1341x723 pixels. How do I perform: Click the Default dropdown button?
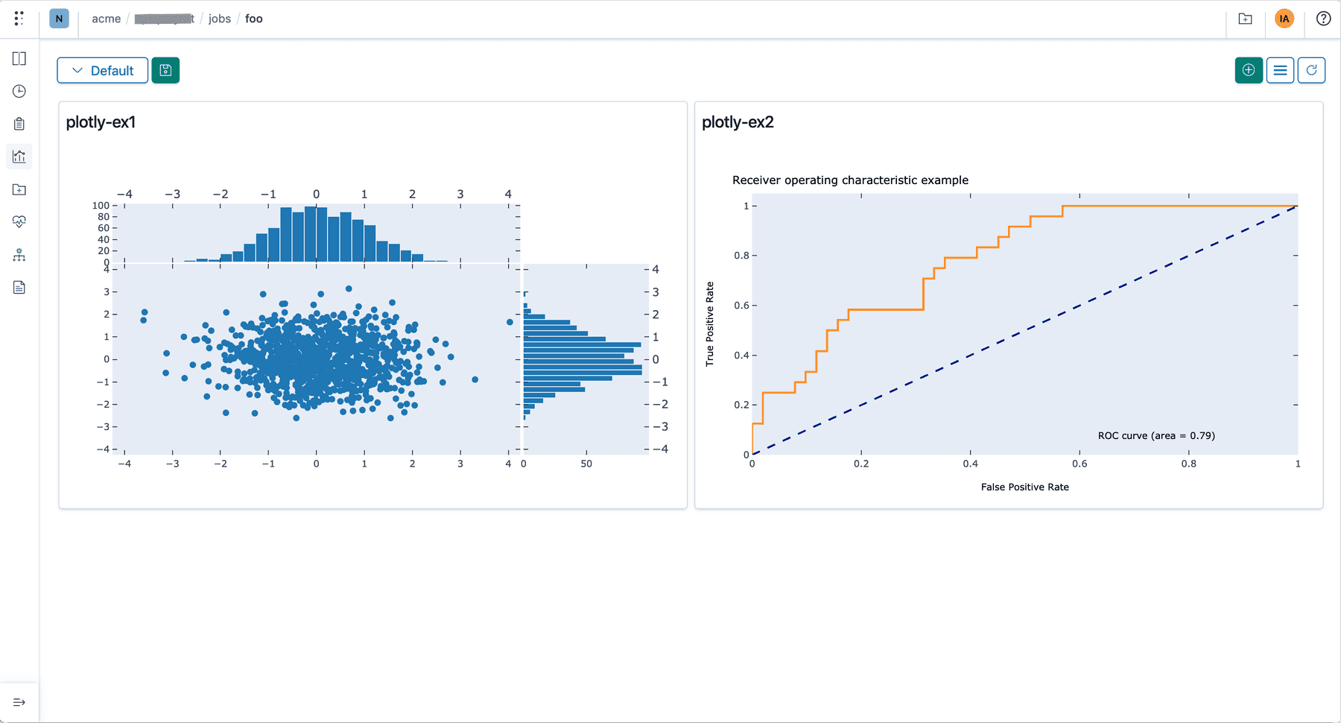102,71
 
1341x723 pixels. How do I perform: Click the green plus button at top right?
1249,70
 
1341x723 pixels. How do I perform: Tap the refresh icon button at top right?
1311,70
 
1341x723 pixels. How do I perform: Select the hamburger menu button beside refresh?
1280,70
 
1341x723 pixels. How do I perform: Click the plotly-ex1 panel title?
101,122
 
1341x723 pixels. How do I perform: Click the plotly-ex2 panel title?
738,122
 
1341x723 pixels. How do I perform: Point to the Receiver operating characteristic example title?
850,180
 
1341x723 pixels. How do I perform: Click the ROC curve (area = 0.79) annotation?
1155,436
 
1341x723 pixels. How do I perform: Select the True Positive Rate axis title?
710,323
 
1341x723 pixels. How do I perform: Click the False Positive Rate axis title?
1024,487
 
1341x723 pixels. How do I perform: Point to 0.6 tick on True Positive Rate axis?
741,306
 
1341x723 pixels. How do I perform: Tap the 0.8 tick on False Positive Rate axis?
1188,464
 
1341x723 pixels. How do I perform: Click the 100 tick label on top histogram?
101,205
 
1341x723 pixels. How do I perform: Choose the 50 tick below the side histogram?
586,464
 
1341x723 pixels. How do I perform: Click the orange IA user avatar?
1284,19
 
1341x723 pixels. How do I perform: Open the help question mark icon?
1323,19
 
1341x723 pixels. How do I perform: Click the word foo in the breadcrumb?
254,19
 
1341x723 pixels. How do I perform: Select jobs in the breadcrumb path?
220,19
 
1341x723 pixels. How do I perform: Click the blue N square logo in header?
59,19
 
